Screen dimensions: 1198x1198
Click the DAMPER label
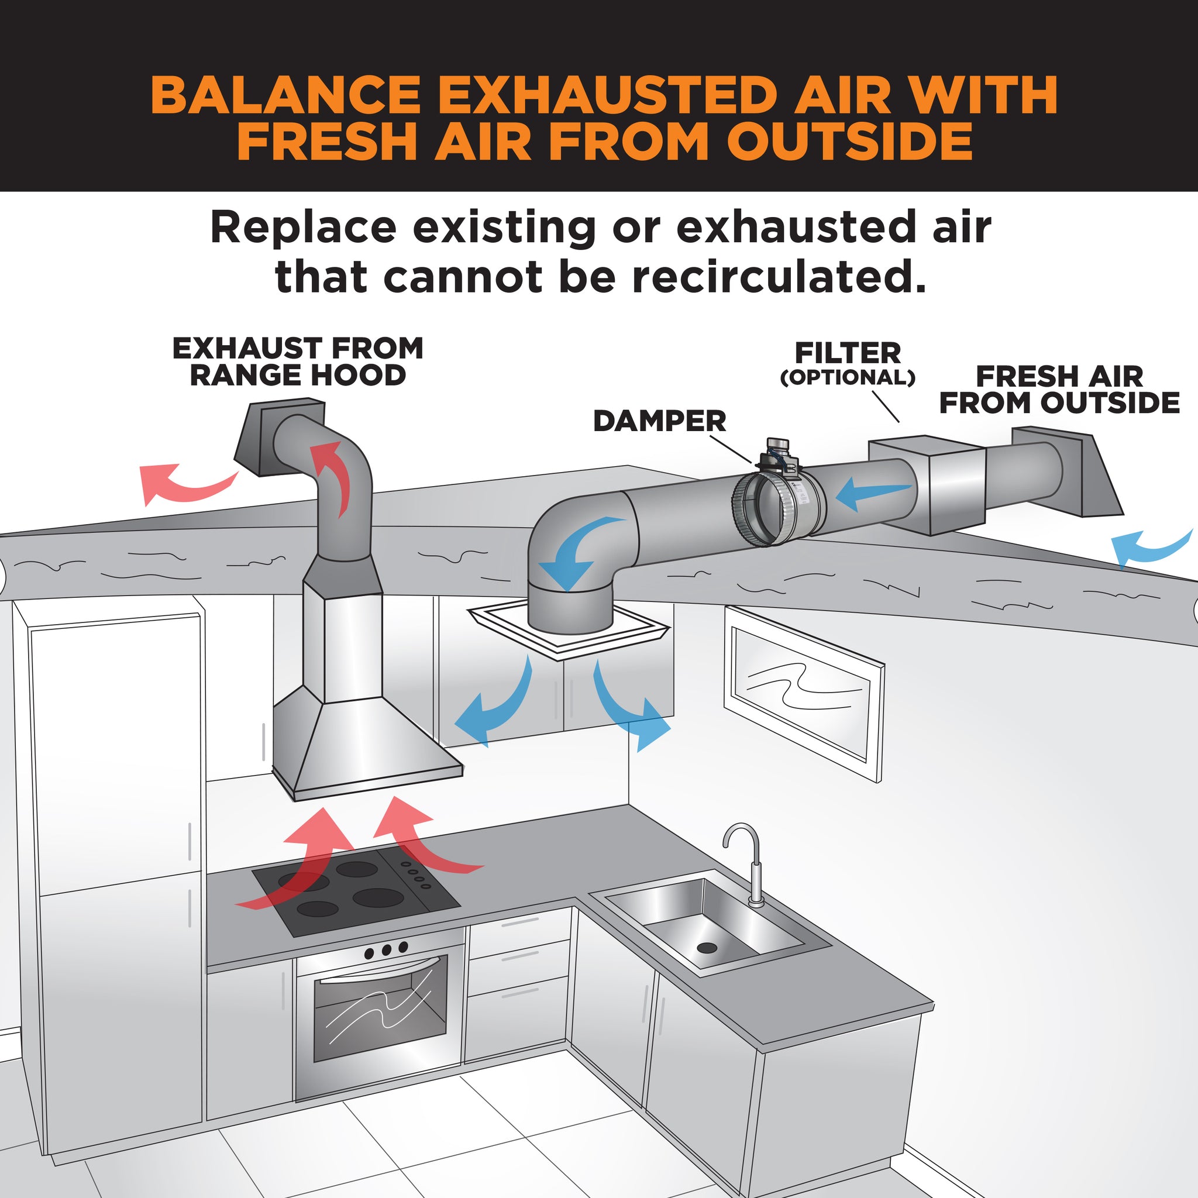(x=659, y=421)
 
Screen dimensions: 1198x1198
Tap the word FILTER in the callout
(x=848, y=353)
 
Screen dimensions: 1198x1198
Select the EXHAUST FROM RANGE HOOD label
(x=298, y=362)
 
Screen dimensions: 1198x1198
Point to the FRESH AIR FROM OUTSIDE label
(x=1059, y=390)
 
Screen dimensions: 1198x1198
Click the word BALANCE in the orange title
(x=285, y=95)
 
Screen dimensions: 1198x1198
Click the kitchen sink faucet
(x=746, y=865)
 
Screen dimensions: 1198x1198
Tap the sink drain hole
(x=706, y=948)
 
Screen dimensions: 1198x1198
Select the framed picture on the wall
(x=804, y=694)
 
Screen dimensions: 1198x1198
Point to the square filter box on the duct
(x=927, y=484)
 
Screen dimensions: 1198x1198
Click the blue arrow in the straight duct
(x=873, y=493)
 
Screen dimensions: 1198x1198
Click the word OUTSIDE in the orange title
(x=849, y=142)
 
